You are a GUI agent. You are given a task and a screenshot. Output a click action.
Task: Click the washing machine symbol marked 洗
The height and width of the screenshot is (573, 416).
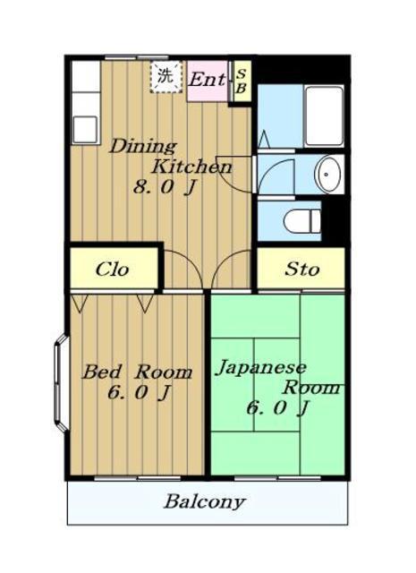pyautogui.click(x=166, y=77)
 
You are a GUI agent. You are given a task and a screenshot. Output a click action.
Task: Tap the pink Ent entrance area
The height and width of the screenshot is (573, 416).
pyautogui.click(x=208, y=81)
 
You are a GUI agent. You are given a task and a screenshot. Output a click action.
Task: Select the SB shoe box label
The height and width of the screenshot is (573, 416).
pyautogui.click(x=242, y=81)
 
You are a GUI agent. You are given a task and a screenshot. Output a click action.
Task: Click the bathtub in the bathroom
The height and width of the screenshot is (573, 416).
pyautogui.click(x=324, y=116)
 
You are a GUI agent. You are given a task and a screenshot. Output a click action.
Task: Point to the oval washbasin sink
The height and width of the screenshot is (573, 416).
pyautogui.click(x=328, y=175)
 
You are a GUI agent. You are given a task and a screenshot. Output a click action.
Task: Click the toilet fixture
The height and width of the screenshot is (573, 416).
pyautogui.click(x=302, y=220)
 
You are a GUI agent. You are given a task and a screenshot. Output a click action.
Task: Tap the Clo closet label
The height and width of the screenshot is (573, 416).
pyautogui.click(x=112, y=269)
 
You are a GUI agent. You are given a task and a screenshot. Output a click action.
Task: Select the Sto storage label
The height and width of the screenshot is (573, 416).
pyautogui.click(x=302, y=269)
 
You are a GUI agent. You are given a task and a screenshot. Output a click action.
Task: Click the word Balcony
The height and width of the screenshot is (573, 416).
pyautogui.click(x=204, y=501)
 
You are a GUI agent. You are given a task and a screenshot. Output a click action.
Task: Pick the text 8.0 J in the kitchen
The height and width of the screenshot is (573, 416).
pyautogui.click(x=165, y=188)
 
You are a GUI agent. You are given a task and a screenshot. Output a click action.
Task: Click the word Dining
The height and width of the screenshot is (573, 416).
pyautogui.click(x=143, y=146)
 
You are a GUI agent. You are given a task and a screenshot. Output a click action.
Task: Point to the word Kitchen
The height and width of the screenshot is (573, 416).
pyautogui.click(x=191, y=167)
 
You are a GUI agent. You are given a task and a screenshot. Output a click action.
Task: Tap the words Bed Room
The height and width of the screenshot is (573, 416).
pyautogui.click(x=138, y=372)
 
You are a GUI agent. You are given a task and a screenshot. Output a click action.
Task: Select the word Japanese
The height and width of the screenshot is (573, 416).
pyautogui.click(x=260, y=368)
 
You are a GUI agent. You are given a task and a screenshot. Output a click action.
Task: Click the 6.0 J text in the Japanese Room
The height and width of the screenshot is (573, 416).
pyautogui.click(x=278, y=408)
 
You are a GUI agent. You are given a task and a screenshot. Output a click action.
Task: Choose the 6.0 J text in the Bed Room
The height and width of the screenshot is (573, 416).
pyautogui.click(x=140, y=393)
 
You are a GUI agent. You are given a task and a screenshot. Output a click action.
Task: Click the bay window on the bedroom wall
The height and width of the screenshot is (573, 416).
pyautogui.click(x=62, y=383)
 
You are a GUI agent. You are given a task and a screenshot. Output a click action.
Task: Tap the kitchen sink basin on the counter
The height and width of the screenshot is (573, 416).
pyautogui.click(x=86, y=129)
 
